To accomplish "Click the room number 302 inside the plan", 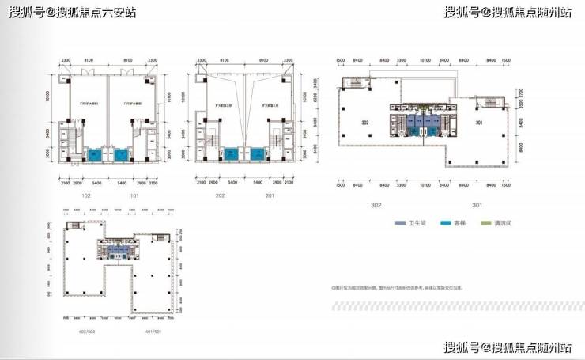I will (365, 123).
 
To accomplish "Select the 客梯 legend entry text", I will (460, 225).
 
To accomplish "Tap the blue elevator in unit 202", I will (232, 154).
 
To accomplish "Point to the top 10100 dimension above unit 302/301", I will (425, 60).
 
